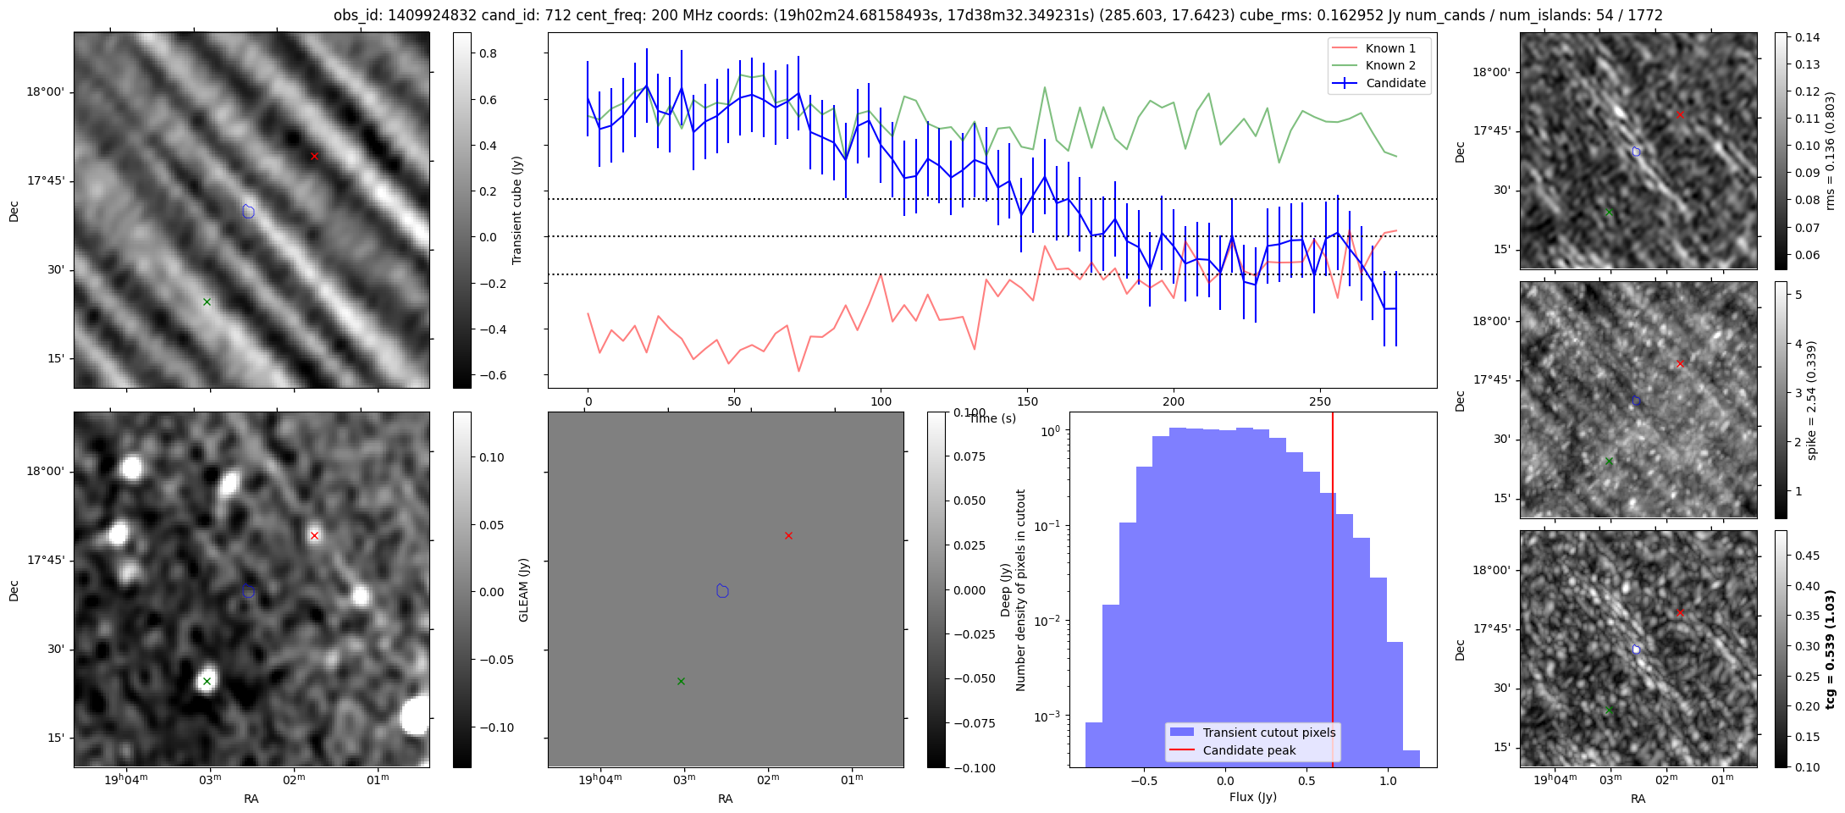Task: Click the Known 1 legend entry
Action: point(1389,48)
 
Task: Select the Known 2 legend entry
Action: point(1389,65)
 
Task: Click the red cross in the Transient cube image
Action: point(314,156)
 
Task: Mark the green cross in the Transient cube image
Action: point(207,301)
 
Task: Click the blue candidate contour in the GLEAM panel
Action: point(722,590)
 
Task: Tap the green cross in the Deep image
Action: point(207,681)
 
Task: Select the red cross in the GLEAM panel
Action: point(788,535)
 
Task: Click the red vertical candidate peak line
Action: point(1333,593)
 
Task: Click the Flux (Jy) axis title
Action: point(1252,797)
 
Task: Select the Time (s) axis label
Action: point(992,418)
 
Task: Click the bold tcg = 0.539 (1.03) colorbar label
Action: point(1831,649)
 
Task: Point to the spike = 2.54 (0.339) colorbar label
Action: point(1812,400)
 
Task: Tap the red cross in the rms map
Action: point(1680,114)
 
